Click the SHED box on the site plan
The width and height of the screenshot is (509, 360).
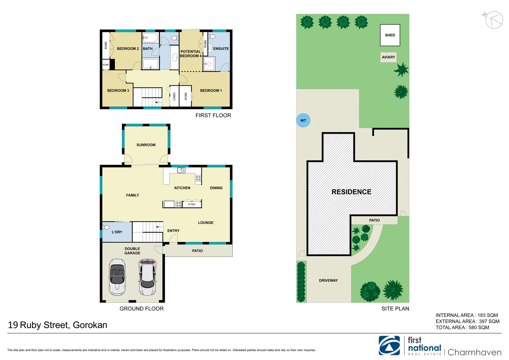click(x=390, y=35)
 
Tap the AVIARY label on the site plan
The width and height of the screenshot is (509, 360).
click(x=388, y=57)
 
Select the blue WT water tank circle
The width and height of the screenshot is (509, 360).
click(x=303, y=120)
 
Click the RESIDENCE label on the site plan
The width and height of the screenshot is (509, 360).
click(x=351, y=192)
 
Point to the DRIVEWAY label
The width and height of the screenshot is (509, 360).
click(x=328, y=280)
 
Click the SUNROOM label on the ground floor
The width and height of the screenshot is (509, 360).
click(x=146, y=145)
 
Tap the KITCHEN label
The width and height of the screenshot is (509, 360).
click(x=182, y=188)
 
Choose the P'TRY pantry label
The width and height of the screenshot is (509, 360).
click(x=192, y=204)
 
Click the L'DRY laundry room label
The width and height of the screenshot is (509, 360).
click(x=117, y=232)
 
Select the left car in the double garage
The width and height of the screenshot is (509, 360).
click(x=117, y=277)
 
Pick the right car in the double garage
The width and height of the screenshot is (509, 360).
click(x=147, y=277)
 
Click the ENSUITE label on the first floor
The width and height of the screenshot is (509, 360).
click(x=221, y=49)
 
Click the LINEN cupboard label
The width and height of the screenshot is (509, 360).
click(x=174, y=96)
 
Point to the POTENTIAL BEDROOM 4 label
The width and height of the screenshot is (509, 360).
click(x=191, y=54)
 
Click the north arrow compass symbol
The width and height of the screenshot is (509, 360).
click(x=494, y=20)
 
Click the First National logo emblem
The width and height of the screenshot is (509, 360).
click(x=389, y=345)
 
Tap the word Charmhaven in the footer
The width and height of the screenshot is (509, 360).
click(x=474, y=352)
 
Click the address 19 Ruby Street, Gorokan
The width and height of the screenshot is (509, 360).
click(x=58, y=325)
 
